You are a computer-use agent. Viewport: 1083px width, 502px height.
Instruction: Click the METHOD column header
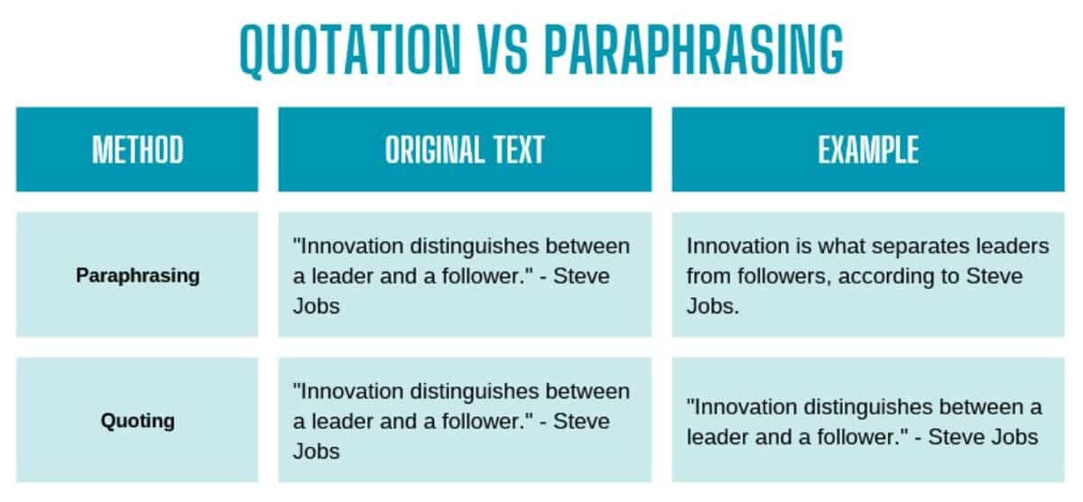[137, 150]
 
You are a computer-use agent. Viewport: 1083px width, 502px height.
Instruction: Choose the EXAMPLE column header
[867, 150]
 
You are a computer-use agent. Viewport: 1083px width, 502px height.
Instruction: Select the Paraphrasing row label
[137, 275]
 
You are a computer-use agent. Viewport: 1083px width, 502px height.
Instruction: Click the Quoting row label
[137, 421]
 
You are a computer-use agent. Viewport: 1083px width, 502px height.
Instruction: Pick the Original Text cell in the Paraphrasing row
[464, 275]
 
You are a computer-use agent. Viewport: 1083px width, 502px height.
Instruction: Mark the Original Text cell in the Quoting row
[464, 421]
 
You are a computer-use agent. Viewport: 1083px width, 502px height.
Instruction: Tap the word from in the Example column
[706, 276]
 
